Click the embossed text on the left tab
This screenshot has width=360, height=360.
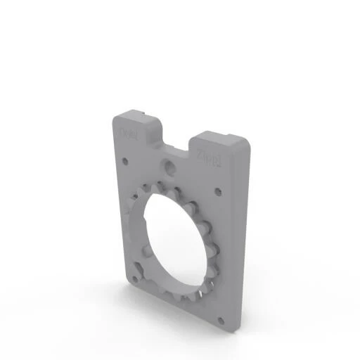pyautogui.click(x=128, y=131)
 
